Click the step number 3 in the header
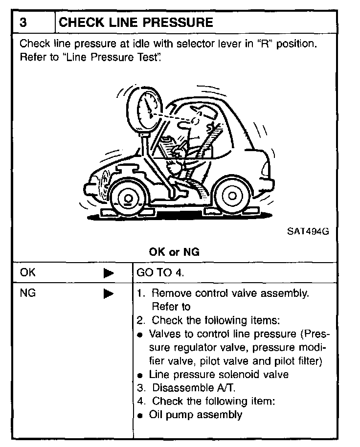(23, 22)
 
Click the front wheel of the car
(128, 198)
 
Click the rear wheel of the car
(232, 196)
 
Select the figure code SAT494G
(307, 231)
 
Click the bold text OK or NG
(174, 252)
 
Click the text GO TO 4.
(160, 273)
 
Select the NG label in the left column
(28, 293)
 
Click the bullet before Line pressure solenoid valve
(140, 376)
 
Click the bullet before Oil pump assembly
(140, 416)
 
